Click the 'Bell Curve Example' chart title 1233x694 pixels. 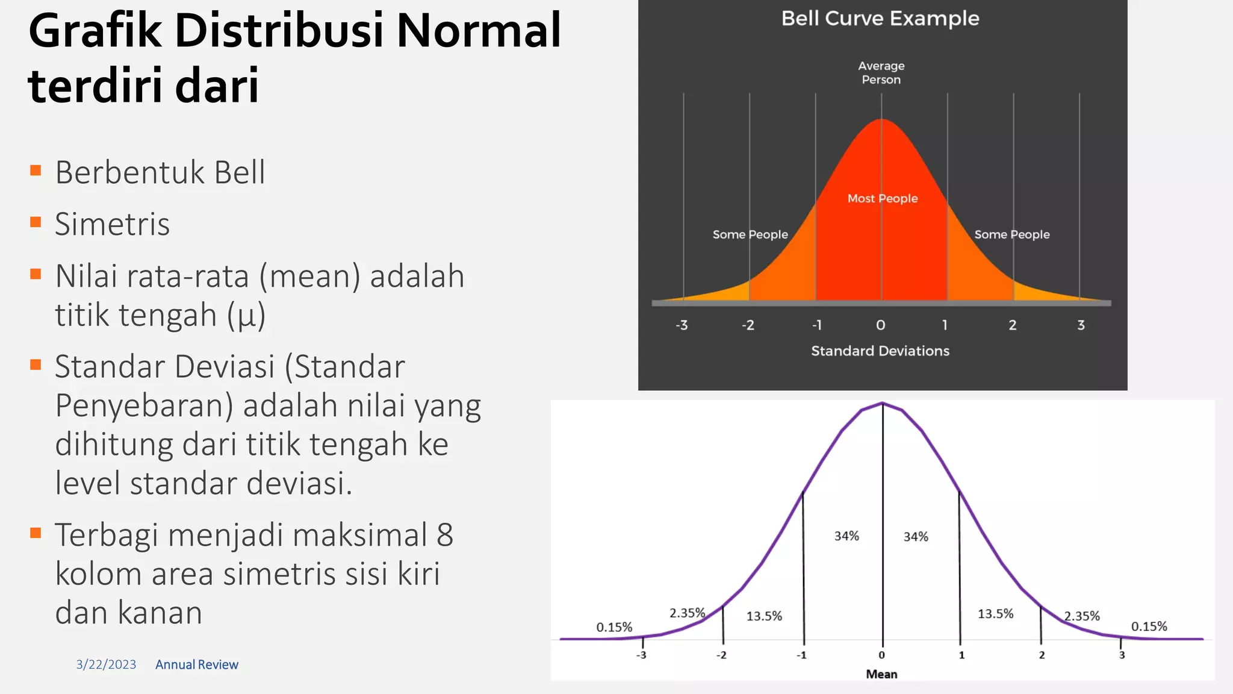coord(880,19)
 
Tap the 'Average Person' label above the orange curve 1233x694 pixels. coord(881,73)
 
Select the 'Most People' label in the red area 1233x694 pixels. coord(883,199)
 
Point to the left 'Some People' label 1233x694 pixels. coord(750,234)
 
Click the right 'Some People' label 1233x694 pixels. coord(1012,234)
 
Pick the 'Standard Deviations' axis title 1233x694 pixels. coord(880,351)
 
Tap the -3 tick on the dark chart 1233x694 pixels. coord(682,325)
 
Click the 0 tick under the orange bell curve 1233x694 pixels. coord(881,325)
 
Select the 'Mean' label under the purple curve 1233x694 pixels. coord(881,674)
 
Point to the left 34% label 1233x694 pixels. coord(846,536)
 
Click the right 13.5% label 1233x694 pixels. coord(995,614)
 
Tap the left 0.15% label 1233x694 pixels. coord(614,627)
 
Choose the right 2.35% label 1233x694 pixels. coord(1082,616)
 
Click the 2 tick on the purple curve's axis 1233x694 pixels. coord(1042,655)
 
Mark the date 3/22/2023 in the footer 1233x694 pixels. coord(106,664)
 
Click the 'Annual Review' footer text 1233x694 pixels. coord(197,664)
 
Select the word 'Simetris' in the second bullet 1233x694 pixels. coord(113,224)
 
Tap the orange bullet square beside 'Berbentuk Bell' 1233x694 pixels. coord(36,170)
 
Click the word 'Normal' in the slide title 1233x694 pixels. coord(479,31)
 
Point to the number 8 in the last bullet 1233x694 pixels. coord(445,535)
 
